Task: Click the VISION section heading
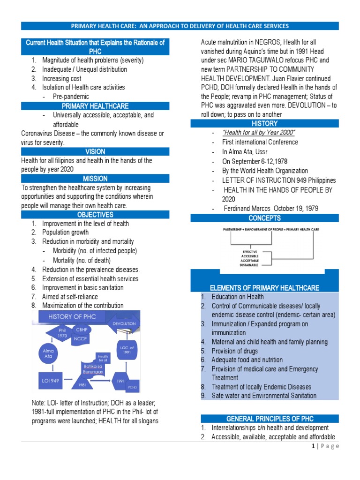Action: point(95,152)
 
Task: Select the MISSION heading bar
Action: point(95,179)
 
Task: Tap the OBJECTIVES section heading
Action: point(95,215)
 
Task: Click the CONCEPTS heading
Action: point(265,218)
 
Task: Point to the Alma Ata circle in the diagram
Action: point(48,353)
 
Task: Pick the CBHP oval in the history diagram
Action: point(82,330)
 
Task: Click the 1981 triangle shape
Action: point(82,383)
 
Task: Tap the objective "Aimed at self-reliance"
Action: point(70,296)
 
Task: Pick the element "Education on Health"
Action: point(238,297)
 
